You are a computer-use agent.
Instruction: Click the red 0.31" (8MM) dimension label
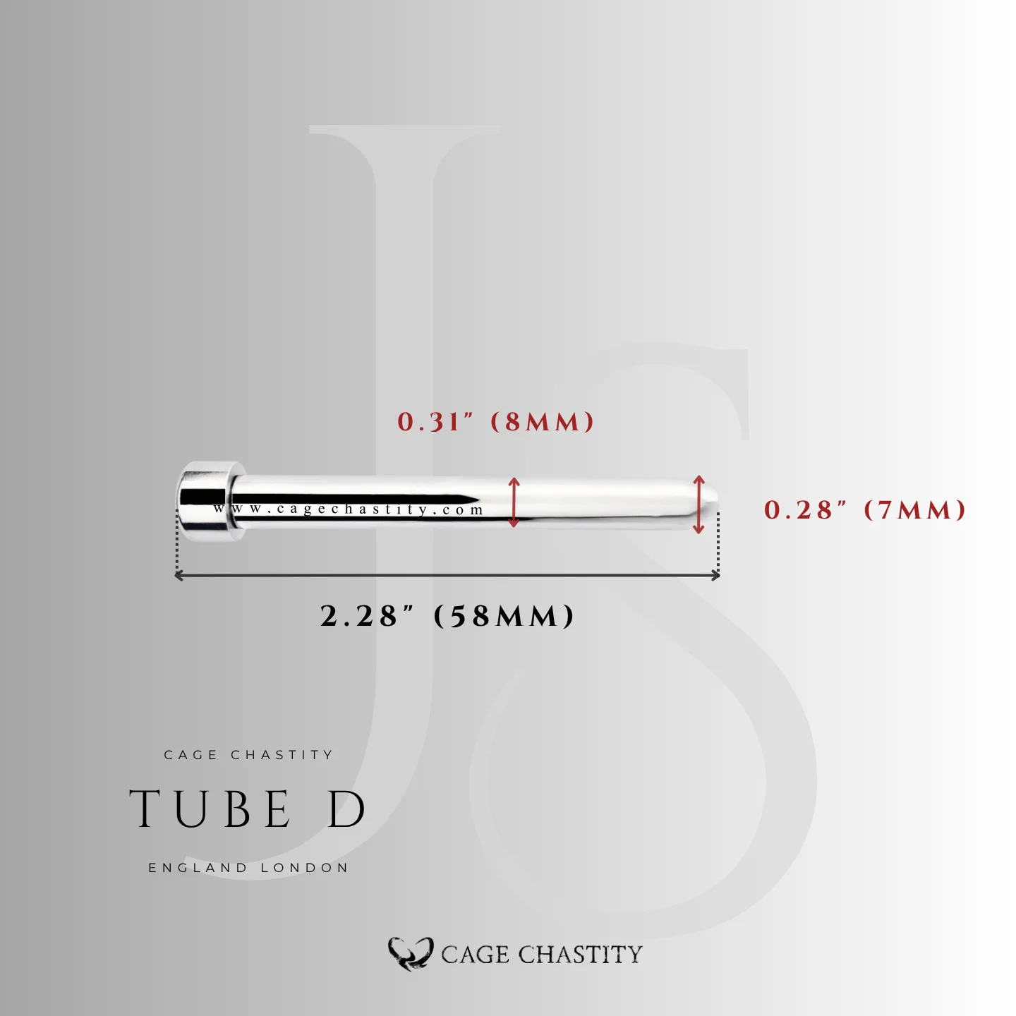[495, 423]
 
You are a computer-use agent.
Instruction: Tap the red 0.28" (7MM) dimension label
[865, 510]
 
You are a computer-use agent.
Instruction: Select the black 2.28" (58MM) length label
[447, 616]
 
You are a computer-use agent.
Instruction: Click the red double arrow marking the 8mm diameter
[514, 502]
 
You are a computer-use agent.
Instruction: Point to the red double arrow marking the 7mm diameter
[698, 504]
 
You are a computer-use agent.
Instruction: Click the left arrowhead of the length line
[179, 575]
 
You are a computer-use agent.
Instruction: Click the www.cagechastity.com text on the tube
[349, 509]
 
